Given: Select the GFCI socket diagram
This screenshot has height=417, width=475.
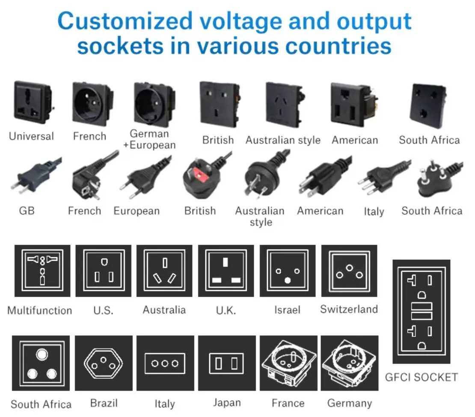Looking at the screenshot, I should (421, 312).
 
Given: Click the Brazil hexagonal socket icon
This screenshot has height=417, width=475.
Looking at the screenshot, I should (103, 363).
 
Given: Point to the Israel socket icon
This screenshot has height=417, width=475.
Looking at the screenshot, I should (288, 271).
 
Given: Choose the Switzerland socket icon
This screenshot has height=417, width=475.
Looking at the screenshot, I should (349, 271).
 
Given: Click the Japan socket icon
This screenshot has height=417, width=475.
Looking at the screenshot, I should (226, 363).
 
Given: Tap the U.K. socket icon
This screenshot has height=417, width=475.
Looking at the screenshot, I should (226, 271).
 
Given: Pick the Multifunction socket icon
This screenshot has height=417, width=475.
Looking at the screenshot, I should (42, 271).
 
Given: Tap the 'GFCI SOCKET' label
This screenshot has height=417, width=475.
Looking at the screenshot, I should (421, 377).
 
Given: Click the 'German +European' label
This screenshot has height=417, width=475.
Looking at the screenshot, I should (149, 139).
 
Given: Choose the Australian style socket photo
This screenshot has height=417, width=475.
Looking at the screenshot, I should (284, 105).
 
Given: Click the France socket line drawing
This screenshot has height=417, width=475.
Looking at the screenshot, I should (288, 363).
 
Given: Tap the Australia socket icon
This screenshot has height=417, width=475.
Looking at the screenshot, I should (164, 271).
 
